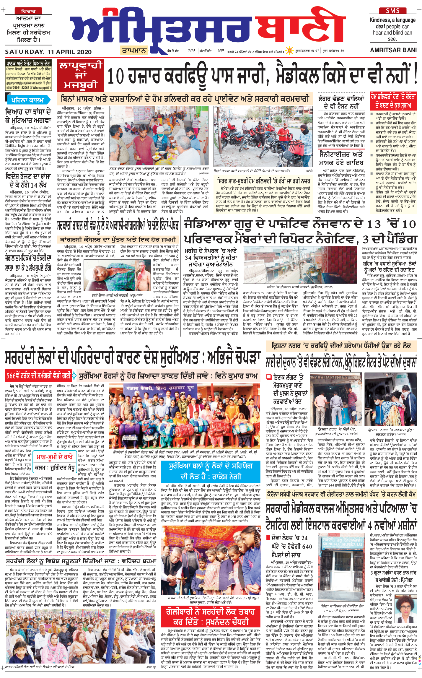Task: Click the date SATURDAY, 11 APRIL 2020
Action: [x=48, y=52]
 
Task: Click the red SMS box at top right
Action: [x=392, y=11]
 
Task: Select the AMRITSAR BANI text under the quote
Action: [x=393, y=50]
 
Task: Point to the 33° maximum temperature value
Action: [x=191, y=51]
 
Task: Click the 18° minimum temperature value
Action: [x=221, y=51]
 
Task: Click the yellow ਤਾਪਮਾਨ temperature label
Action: [x=134, y=51]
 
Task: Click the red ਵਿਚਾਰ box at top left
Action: [x=28, y=11]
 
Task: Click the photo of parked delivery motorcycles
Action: [x=263, y=136]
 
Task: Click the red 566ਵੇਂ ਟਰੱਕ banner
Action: [x=38, y=376]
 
